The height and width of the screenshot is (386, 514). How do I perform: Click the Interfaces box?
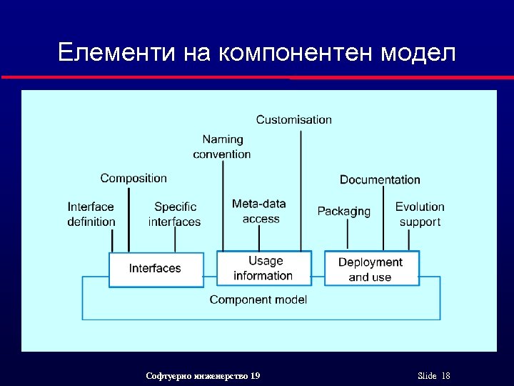[156, 269]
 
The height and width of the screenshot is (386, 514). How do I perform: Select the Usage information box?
[263, 269]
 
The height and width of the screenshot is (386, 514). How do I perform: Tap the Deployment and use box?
[371, 269]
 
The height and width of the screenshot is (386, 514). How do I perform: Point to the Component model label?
[258, 300]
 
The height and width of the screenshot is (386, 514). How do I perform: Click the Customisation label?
[294, 119]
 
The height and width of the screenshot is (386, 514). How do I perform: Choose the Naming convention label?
[222, 147]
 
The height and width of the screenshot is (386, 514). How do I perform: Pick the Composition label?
[133, 178]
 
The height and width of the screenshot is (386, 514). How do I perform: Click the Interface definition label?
[91, 214]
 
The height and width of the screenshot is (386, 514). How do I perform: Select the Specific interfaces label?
[175, 214]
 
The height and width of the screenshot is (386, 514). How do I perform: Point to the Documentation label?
[380, 179]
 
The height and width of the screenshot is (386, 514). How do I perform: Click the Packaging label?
[344, 211]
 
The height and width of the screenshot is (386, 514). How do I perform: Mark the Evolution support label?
[420, 214]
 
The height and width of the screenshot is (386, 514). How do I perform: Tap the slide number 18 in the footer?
[446, 376]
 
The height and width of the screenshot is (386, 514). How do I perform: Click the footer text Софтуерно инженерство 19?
[203, 376]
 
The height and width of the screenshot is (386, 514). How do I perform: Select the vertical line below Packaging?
[348, 234]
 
